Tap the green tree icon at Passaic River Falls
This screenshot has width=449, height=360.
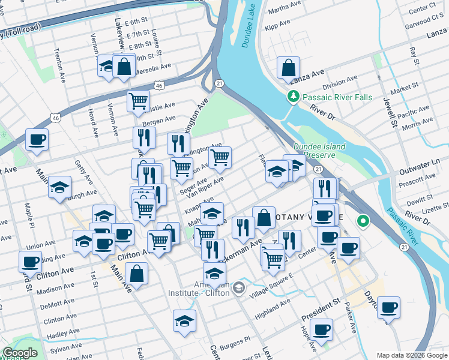[294, 96]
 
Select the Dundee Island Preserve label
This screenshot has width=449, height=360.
[319, 150]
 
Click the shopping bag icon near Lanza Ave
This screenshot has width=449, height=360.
[288, 67]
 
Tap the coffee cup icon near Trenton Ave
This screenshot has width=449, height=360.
[37, 140]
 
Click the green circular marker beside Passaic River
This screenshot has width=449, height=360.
[363, 221]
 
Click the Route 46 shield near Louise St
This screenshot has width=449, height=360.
[159, 86]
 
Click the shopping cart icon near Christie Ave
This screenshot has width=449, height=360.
[139, 101]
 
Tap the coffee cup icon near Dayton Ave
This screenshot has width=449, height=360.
[388, 307]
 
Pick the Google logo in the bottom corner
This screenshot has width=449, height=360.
[20, 353]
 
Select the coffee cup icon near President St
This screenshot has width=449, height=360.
[322, 329]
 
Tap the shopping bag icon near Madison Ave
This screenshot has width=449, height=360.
[137, 274]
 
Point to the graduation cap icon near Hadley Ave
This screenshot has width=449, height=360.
[185, 320]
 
